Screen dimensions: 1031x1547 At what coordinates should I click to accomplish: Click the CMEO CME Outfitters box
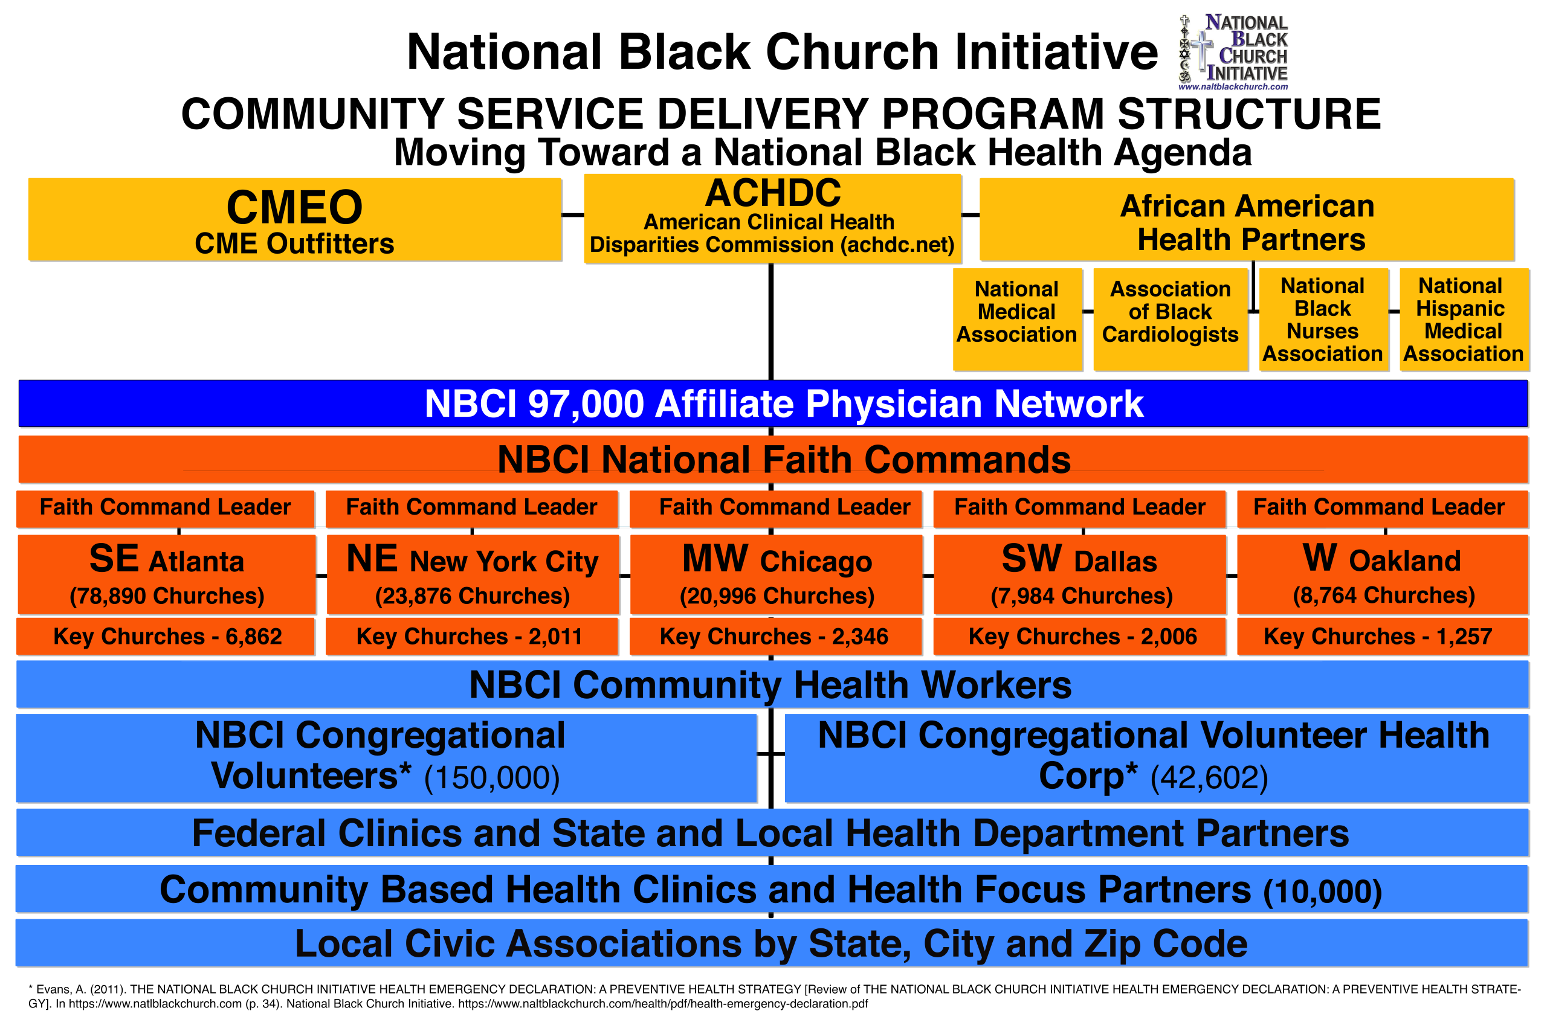[x=295, y=220]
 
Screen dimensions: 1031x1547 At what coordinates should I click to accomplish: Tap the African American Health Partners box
[x=1247, y=220]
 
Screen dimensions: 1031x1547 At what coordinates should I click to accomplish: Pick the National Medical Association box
[x=1017, y=319]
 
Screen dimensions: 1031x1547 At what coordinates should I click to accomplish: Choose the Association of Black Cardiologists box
[x=1170, y=319]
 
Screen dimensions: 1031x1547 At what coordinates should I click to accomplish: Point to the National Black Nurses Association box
[x=1323, y=319]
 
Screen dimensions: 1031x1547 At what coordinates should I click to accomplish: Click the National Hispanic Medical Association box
[x=1463, y=319]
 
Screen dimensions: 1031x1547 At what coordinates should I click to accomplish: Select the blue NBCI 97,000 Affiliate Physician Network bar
[x=773, y=403]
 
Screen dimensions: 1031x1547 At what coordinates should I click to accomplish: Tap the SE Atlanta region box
[x=166, y=574]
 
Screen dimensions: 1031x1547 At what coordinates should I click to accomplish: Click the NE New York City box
[x=472, y=574]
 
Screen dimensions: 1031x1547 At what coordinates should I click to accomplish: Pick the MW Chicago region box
[x=776, y=574]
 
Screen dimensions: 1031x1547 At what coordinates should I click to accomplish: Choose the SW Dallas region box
[x=1080, y=574]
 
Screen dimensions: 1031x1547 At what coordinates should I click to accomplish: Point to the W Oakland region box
[x=1383, y=574]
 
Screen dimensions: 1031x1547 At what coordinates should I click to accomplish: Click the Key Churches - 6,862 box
[x=166, y=637]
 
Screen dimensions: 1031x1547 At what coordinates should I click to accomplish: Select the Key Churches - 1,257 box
[x=1383, y=637]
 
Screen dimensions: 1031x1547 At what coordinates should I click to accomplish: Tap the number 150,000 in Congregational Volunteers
[x=492, y=778]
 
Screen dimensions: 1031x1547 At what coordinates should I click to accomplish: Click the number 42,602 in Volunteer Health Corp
[x=1209, y=778]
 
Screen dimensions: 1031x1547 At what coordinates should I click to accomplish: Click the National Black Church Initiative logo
[x=1233, y=52]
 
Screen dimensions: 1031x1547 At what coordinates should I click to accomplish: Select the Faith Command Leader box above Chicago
[x=776, y=507]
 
